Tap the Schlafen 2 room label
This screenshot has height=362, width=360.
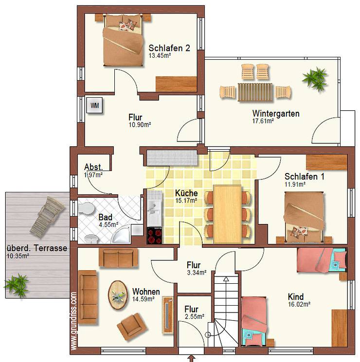coord(169,48)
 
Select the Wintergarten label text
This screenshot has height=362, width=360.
coord(275,114)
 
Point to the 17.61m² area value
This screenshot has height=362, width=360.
coord(263,121)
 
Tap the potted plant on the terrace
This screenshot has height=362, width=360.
coord(17,283)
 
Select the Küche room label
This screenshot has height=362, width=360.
coord(186,192)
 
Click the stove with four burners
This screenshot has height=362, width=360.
coord(155,236)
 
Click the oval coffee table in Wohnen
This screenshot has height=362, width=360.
coord(118,294)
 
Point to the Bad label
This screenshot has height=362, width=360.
coord(106,217)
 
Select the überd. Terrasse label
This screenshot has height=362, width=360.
coord(36,247)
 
